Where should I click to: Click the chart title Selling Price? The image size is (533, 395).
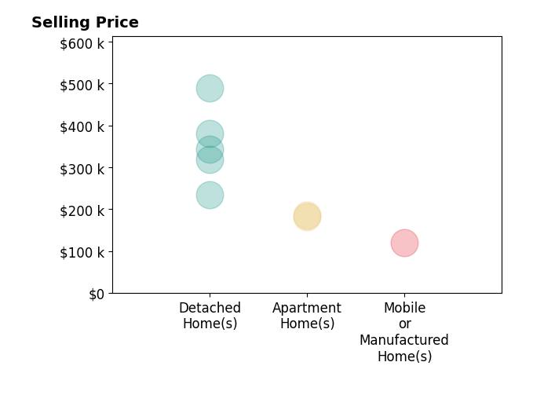tap(85, 23)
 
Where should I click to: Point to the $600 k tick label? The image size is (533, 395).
tap(82, 44)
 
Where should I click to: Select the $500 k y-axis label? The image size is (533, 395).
tap(82, 86)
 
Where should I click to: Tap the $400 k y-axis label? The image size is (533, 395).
tap(82, 127)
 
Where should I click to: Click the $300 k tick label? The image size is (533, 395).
tap(82, 170)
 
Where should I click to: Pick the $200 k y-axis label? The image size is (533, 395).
tap(82, 211)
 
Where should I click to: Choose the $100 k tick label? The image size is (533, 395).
tap(82, 253)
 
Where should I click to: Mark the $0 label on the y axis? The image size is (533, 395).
tap(97, 294)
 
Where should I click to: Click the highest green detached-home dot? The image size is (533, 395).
tap(210, 89)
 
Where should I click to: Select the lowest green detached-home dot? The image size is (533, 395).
tap(210, 195)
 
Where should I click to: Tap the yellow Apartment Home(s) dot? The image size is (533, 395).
tap(307, 216)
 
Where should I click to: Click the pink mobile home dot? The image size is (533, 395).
tap(404, 243)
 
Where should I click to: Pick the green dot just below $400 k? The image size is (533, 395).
tap(210, 134)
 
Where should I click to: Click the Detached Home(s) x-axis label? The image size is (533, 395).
tap(210, 316)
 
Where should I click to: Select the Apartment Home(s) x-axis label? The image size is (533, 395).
tap(307, 316)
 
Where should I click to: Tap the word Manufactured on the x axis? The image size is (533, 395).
tap(404, 340)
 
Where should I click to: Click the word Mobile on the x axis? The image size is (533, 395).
tap(404, 308)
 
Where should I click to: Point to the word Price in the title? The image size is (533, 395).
tap(117, 23)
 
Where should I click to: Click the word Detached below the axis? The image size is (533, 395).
tap(210, 308)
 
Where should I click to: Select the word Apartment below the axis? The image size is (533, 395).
tap(307, 309)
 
